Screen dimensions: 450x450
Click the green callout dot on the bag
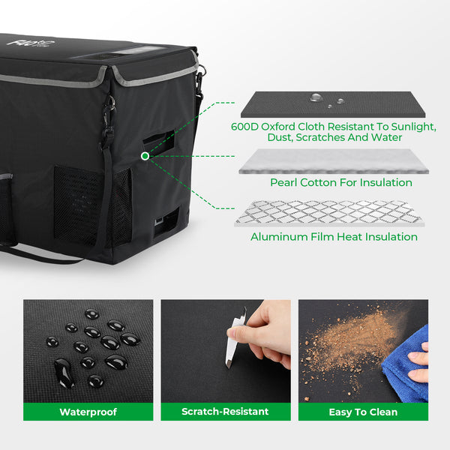145,156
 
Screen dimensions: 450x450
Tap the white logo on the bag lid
31,43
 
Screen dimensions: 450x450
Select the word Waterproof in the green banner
88,412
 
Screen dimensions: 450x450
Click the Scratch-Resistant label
225,412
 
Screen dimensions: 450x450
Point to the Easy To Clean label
363,412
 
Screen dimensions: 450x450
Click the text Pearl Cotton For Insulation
341,182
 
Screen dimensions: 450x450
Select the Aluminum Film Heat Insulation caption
334,237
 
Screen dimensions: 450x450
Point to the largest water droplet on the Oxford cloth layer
316,97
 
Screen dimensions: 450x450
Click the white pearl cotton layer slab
334,161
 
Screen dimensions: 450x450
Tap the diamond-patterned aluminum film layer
329,213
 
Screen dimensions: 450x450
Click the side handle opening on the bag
159,142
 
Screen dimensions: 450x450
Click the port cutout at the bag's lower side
166,222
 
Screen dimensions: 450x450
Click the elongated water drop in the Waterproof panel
64,373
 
